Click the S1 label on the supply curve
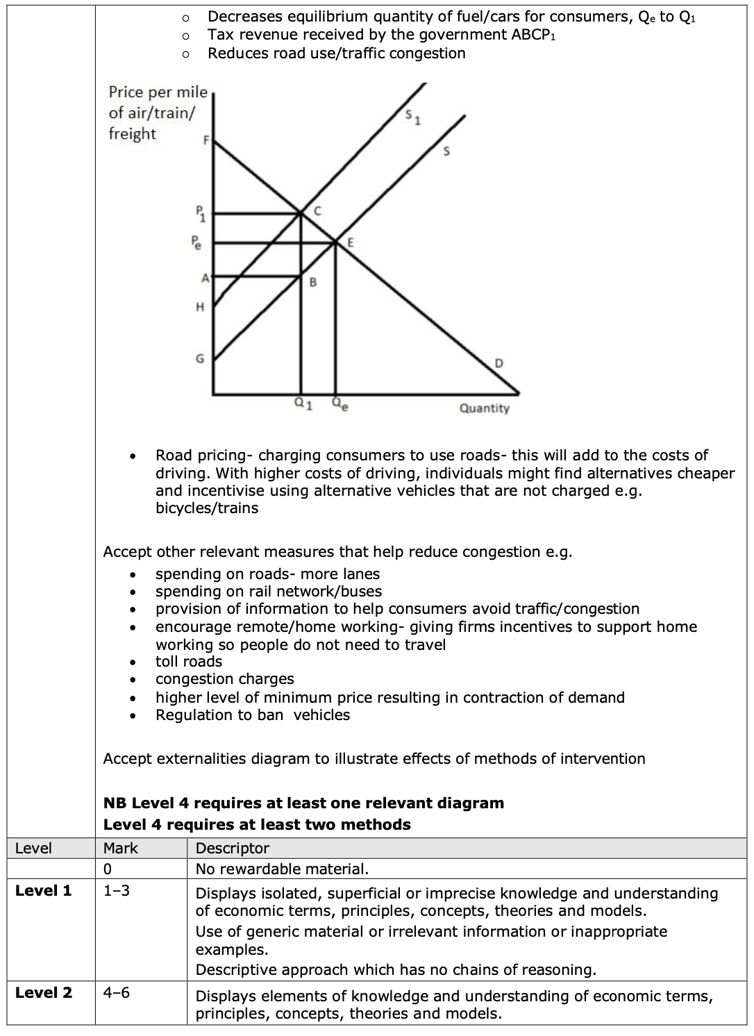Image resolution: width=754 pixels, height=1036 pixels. [x=412, y=119]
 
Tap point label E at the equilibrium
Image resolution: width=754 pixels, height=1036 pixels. [x=350, y=242]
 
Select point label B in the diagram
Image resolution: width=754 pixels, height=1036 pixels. [x=312, y=283]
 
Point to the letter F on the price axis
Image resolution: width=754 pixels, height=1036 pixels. [x=206, y=140]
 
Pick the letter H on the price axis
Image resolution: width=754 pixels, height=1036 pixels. [x=200, y=306]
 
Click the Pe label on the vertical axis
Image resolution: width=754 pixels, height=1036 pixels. [x=198, y=243]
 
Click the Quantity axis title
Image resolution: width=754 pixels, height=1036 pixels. [x=484, y=408]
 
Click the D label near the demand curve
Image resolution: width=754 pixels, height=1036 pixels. [x=499, y=363]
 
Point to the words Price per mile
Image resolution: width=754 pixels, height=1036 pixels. [x=158, y=92]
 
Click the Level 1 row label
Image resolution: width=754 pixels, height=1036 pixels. [x=43, y=891]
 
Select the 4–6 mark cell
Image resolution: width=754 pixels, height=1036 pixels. [x=116, y=993]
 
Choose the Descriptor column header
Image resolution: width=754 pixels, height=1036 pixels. [x=232, y=849]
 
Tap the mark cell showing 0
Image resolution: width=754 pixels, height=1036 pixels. [x=108, y=869]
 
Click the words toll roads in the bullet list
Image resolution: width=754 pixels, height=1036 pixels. [x=189, y=662]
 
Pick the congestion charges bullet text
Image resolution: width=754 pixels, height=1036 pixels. [x=224, y=679]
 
